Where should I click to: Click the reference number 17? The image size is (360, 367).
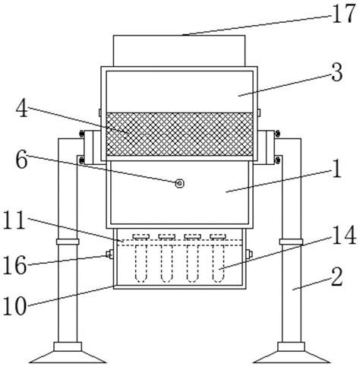click(x=343, y=14)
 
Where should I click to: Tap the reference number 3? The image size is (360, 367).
click(x=337, y=73)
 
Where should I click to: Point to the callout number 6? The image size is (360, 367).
click(x=21, y=160)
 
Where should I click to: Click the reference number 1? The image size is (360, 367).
click(x=337, y=169)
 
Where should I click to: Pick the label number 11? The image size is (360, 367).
click(x=14, y=220)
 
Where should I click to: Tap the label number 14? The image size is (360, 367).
click(x=344, y=236)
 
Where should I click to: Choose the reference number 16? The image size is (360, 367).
click(x=14, y=265)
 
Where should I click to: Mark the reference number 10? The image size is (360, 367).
click(x=14, y=306)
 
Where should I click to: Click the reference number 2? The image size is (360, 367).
click(x=337, y=277)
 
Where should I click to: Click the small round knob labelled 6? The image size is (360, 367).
click(x=179, y=183)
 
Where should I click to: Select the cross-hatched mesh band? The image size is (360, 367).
click(x=179, y=134)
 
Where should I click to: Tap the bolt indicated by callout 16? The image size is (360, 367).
click(x=110, y=254)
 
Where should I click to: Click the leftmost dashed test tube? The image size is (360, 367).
click(x=141, y=264)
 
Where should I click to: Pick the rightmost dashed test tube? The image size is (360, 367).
click(x=218, y=264)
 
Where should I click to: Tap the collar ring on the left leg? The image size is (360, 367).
click(x=68, y=242)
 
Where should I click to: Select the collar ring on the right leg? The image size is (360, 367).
click(x=291, y=242)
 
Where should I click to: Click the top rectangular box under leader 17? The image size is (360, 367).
click(x=179, y=51)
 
